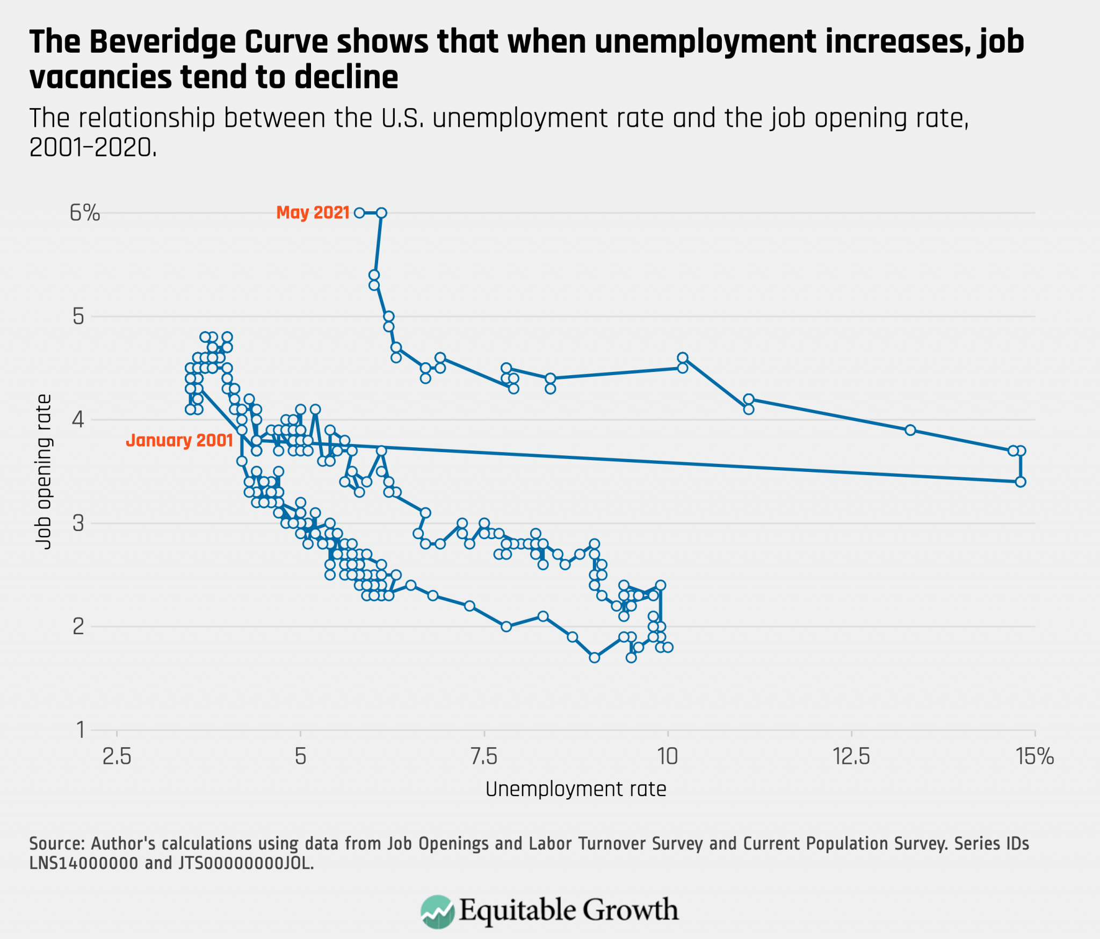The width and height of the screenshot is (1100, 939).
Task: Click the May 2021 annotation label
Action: pyautogui.click(x=313, y=213)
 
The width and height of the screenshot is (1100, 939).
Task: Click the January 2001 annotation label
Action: pyautogui.click(x=179, y=441)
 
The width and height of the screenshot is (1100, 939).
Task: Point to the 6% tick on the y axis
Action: pyautogui.click(x=85, y=213)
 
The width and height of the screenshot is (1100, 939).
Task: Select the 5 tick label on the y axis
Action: pyautogui.click(x=78, y=317)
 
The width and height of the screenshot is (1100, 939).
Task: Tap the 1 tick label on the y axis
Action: pyautogui.click(x=80, y=730)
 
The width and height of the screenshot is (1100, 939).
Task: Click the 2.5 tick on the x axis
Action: pyautogui.click(x=117, y=757)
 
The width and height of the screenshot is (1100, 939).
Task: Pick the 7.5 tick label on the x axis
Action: pyautogui.click(x=484, y=757)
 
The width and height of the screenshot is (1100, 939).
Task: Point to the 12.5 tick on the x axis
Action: pyautogui.click(x=851, y=757)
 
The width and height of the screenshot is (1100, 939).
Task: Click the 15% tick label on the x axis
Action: pyautogui.click(x=1034, y=757)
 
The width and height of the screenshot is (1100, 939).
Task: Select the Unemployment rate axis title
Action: pyautogui.click(x=576, y=789)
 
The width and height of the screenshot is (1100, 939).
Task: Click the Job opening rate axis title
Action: pyautogui.click(x=44, y=471)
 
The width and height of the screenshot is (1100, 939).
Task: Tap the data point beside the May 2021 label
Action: pyautogui.click(x=359, y=213)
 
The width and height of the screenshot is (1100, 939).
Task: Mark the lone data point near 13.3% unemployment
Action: pyautogui.click(x=910, y=430)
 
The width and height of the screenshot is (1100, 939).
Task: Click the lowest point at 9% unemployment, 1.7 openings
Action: pyautogui.click(x=594, y=657)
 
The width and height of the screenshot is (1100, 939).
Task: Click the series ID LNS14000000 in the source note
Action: pyautogui.click(x=84, y=863)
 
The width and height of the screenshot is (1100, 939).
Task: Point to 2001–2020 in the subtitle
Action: pyautogui.click(x=92, y=147)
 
